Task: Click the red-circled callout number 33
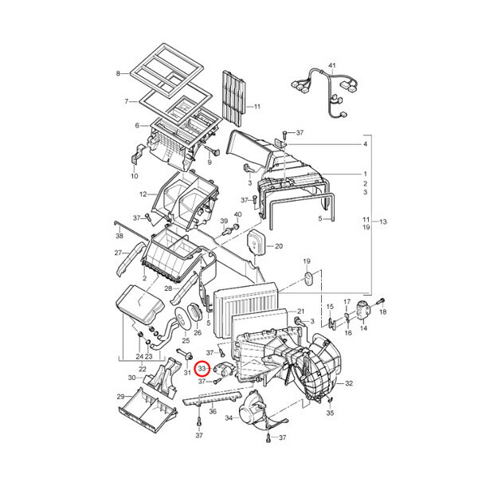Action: (x=202, y=369)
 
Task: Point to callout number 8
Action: (x=117, y=74)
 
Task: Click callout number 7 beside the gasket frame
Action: (x=126, y=101)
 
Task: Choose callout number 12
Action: (x=142, y=194)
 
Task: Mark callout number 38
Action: (x=119, y=237)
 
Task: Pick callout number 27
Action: (x=117, y=253)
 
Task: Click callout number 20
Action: (x=279, y=245)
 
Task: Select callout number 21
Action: (x=301, y=311)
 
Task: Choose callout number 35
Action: (x=330, y=413)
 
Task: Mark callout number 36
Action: (x=213, y=412)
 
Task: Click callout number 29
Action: (x=120, y=397)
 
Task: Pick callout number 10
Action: (x=135, y=175)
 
